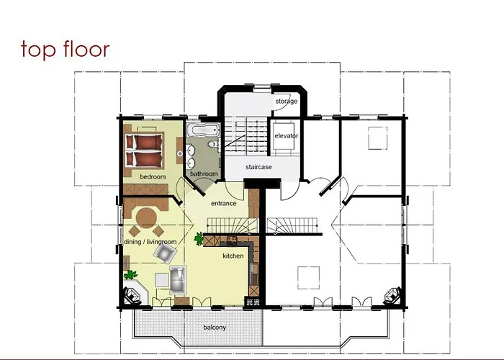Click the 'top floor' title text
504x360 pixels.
[66, 49]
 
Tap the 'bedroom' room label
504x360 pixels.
[153, 176]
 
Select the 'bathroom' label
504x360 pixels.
[204, 174]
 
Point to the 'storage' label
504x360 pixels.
[286, 102]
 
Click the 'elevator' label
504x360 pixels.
[286, 135]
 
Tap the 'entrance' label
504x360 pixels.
[224, 204]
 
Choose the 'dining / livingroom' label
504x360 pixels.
[150, 242]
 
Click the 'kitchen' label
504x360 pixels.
[233, 256]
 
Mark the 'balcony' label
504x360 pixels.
[215, 328]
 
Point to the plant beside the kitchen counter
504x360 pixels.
[199, 238]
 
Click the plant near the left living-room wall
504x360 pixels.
[130, 274]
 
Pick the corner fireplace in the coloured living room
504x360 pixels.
[135, 294]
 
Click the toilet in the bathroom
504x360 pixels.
[215, 144]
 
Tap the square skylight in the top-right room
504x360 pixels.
[378, 137]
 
